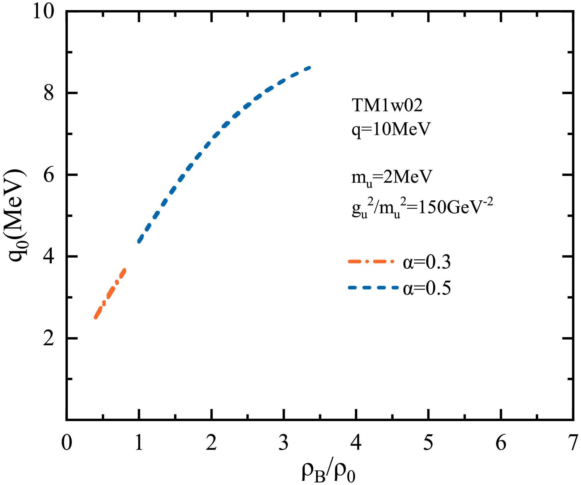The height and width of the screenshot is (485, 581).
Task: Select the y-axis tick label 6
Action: [x=49, y=175]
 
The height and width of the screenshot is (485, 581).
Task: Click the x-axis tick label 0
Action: [x=66, y=442]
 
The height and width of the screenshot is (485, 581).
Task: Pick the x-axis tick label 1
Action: [x=139, y=442]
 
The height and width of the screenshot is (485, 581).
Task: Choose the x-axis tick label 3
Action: [x=284, y=442]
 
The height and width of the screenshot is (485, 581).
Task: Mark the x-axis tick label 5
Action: [x=428, y=442]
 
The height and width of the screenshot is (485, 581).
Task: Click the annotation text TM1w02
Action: [x=387, y=105]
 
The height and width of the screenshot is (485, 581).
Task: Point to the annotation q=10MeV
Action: [x=391, y=129]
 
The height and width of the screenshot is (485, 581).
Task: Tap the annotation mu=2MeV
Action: [x=392, y=178]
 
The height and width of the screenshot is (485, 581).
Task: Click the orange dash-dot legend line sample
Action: [x=371, y=262]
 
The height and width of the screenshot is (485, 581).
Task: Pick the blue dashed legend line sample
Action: [x=373, y=288]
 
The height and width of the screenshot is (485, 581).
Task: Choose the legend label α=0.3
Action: [x=427, y=262]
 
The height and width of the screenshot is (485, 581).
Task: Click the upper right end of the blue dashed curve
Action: [x=310, y=68]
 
